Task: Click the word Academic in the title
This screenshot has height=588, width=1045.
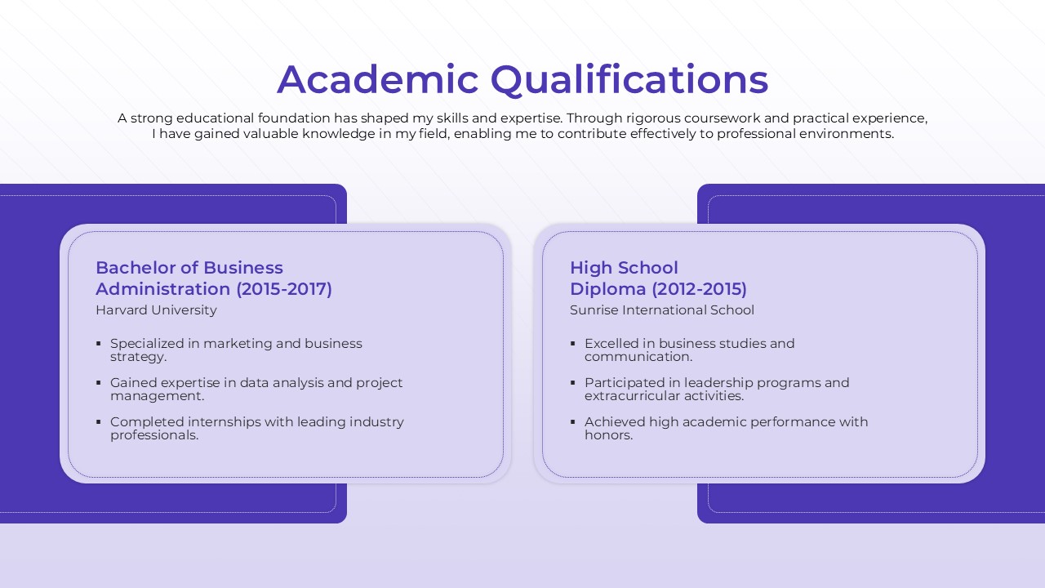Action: click(x=378, y=80)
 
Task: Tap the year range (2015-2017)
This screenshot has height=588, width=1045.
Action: click(x=284, y=289)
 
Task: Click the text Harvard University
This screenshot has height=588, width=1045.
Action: click(x=156, y=310)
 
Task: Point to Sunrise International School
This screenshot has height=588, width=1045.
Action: click(x=662, y=310)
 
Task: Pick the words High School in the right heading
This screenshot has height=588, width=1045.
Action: click(x=624, y=268)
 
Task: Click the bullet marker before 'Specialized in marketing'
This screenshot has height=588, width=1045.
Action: click(x=99, y=344)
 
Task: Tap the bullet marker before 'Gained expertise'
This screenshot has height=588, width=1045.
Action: click(x=99, y=383)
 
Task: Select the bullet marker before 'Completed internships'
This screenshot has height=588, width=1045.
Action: click(x=99, y=422)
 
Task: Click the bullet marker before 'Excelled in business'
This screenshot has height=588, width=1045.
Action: click(x=573, y=344)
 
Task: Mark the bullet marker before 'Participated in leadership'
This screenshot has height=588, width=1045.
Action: click(x=573, y=383)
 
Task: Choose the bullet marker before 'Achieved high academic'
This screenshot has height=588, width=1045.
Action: click(x=573, y=422)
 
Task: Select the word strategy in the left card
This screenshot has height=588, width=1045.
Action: click(x=137, y=357)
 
